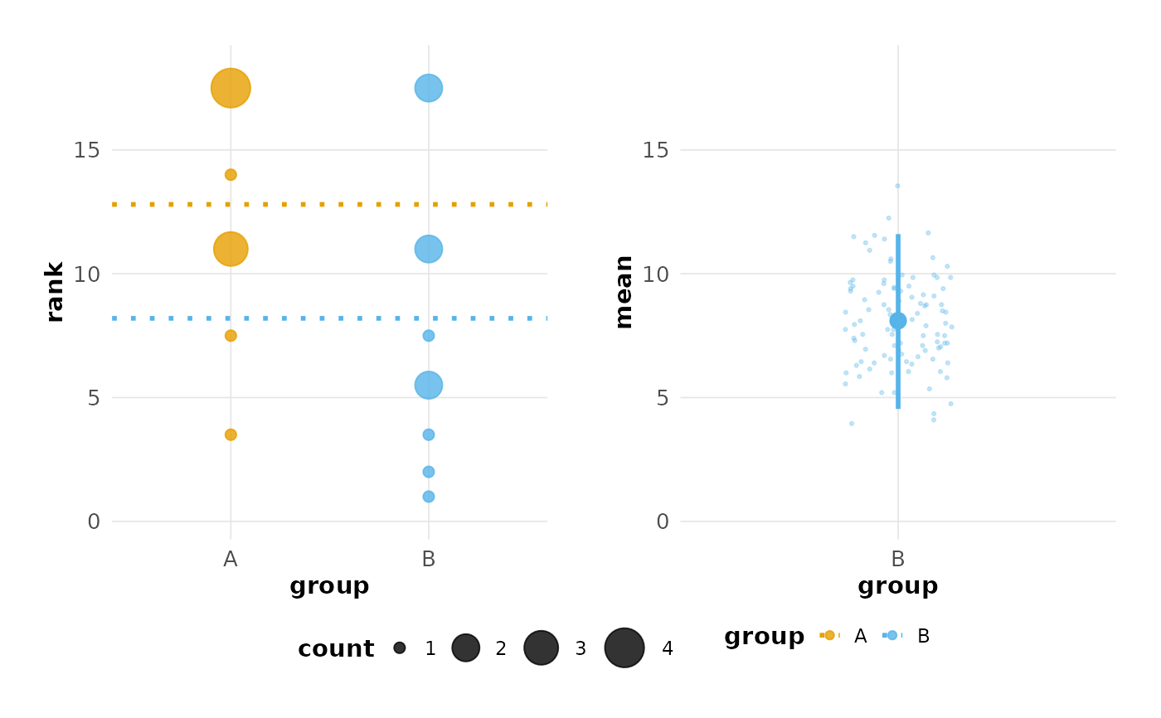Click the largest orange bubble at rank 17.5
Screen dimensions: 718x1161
click(231, 88)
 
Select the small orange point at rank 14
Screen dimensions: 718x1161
click(231, 175)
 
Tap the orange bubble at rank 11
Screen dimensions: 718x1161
click(231, 249)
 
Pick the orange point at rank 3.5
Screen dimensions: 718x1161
click(231, 434)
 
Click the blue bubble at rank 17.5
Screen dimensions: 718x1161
click(428, 88)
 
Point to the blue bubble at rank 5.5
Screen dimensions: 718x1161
click(428, 385)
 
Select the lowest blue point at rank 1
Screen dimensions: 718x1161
click(428, 497)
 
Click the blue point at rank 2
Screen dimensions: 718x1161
click(428, 472)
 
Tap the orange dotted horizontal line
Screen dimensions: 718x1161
click(332, 204)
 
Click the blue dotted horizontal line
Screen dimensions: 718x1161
click(332, 318)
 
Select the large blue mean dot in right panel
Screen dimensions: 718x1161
click(897, 321)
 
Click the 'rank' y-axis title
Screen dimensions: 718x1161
click(55, 292)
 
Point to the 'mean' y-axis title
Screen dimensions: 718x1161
click(624, 292)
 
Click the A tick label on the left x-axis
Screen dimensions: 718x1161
click(231, 560)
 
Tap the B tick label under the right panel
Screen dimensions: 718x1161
click(897, 560)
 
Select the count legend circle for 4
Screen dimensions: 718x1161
click(624, 648)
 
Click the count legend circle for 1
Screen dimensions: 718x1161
click(400, 648)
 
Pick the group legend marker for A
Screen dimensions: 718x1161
click(829, 635)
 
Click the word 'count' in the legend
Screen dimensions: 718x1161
click(336, 649)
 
